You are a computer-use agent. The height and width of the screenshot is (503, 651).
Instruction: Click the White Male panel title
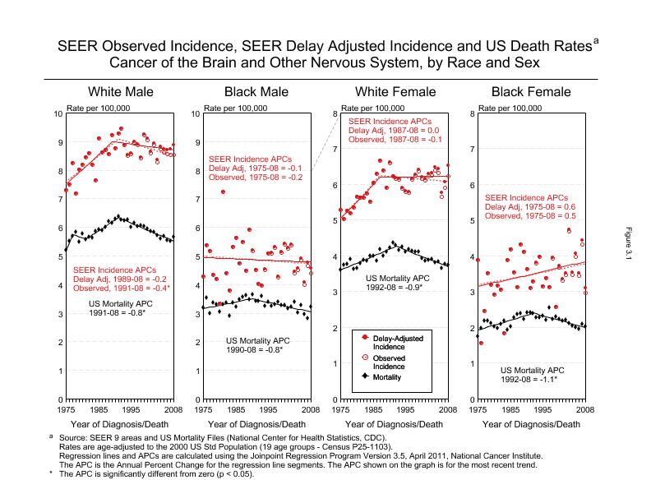click(120, 91)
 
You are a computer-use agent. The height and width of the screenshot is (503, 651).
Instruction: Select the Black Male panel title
click(256, 91)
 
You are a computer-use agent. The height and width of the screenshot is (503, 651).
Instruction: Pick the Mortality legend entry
click(386, 377)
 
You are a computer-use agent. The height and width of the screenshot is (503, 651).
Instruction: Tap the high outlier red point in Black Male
click(223, 192)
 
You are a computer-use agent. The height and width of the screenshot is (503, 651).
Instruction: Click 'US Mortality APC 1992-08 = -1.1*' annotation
click(532, 375)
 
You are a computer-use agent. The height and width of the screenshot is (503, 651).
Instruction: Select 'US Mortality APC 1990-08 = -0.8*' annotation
click(256, 345)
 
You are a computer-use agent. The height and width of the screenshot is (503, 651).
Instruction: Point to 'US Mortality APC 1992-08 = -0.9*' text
click(395, 284)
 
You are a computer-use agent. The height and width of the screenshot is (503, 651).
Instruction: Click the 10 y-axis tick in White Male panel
click(58, 113)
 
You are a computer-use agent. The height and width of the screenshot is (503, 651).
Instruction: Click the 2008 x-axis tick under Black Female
click(584, 408)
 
